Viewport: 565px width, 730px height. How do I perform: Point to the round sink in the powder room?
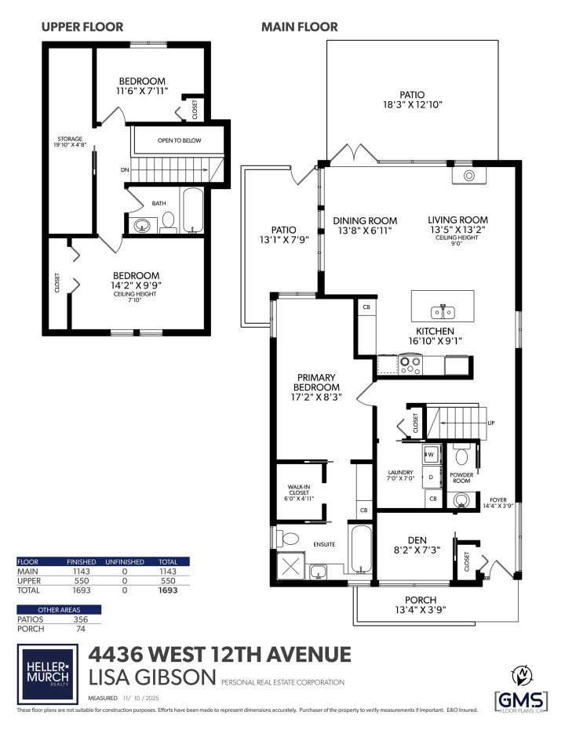click(461, 499)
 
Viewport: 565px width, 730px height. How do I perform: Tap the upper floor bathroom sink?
click(143, 227)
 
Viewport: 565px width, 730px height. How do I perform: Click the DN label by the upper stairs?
click(124, 169)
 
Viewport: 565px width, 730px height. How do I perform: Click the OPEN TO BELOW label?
click(179, 140)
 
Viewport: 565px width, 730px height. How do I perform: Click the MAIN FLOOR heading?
click(299, 27)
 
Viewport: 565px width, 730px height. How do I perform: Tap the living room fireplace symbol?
click(469, 175)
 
